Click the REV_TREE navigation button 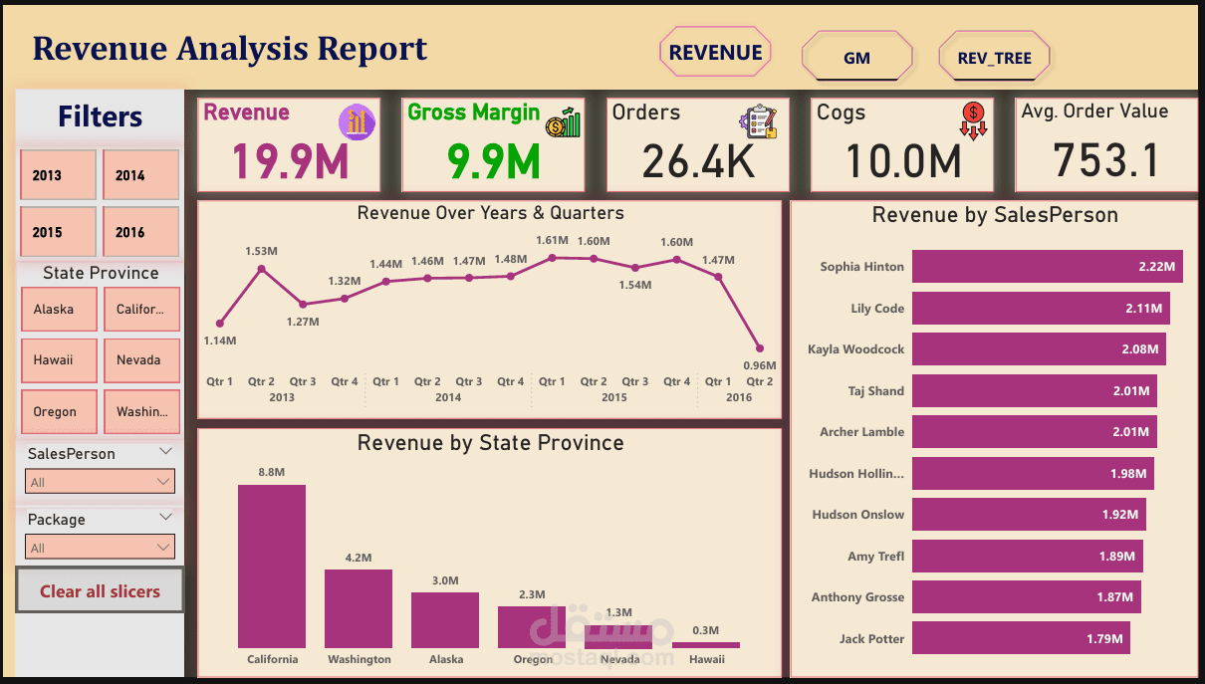tap(994, 58)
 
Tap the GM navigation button tap(856, 58)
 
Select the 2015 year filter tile tap(58, 232)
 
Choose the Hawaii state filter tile tap(58, 360)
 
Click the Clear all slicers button tap(100, 590)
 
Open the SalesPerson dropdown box tap(100, 482)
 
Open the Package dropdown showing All tap(100, 548)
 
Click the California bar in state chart tap(272, 567)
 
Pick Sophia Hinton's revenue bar tap(1047, 267)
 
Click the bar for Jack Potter tap(1021, 638)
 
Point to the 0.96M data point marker tap(760, 348)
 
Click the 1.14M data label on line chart tap(220, 341)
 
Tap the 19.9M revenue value tap(291, 161)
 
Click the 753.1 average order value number tap(1105, 160)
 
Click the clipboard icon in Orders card tap(758, 120)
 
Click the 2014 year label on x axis tap(448, 397)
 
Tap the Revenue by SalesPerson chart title tap(994, 215)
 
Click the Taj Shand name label tap(876, 391)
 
